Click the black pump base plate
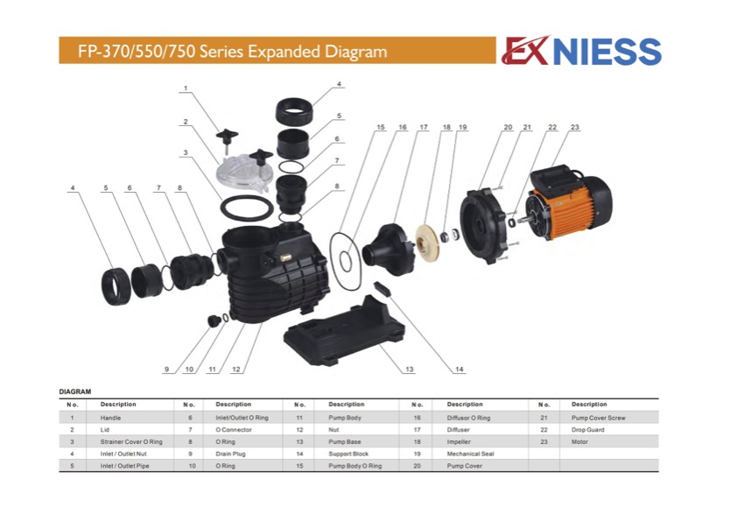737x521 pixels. [x=344, y=329]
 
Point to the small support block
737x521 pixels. [x=383, y=289]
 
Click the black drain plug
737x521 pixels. [x=214, y=320]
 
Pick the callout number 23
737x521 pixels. [x=575, y=127]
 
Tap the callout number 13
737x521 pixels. [x=410, y=370]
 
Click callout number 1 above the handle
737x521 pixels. [x=186, y=88]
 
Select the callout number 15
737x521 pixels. [x=381, y=127]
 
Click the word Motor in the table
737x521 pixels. [x=579, y=442]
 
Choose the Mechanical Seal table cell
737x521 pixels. [x=470, y=454]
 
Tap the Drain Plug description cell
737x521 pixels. [x=230, y=454]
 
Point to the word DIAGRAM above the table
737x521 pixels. [x=75, y=391]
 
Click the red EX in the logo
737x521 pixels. [x=525, y=51]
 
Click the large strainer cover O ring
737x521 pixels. [x=247, y=208]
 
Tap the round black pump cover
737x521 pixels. [x=483, y=227]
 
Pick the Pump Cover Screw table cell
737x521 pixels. [x=599, y=418]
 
